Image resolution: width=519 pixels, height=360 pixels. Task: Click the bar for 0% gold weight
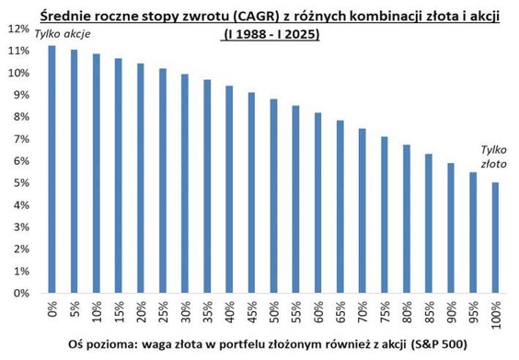(52, 169)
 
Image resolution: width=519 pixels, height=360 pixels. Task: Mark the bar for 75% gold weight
(386, 211)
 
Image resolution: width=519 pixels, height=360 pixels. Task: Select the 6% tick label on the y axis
(20, 161)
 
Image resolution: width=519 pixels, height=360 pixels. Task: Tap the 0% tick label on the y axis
(20, 293)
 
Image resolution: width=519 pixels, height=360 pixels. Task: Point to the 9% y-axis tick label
(20, 95)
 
